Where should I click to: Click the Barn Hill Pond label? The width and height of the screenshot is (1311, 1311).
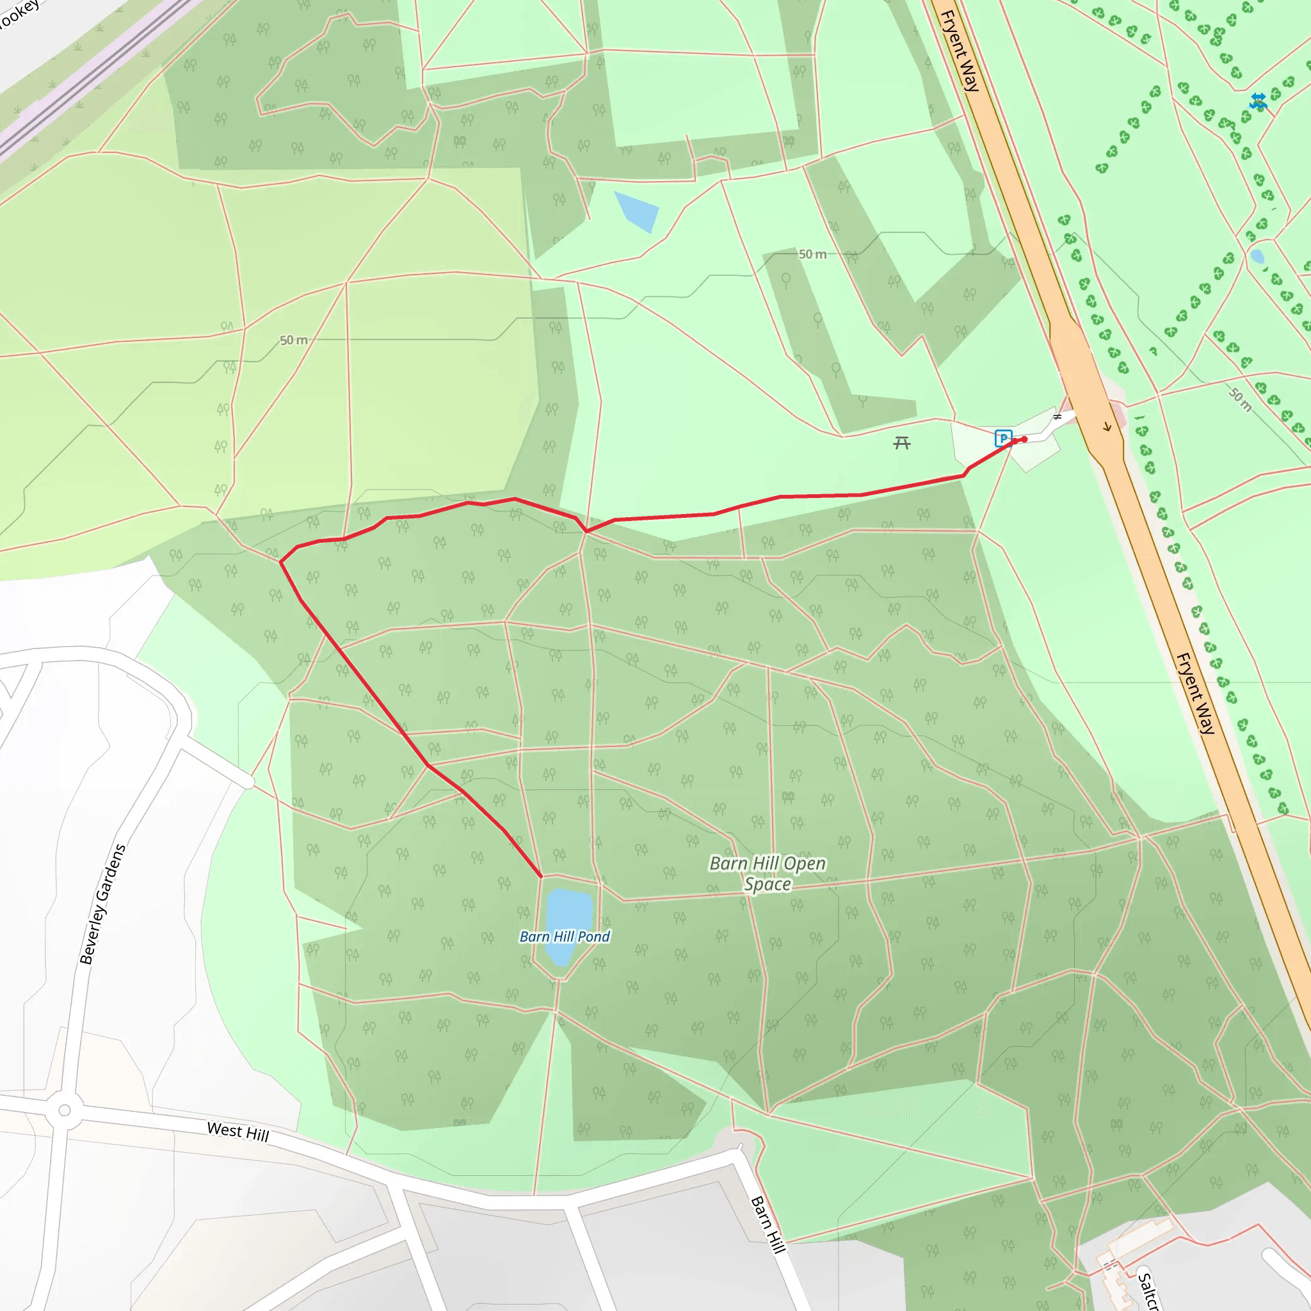pyautogui.click(x=565, y=937)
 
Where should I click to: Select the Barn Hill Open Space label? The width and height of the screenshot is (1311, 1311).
pyautogui.click(x=768, y=873)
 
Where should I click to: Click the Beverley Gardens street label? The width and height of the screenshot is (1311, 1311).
pyautogui.click(x=102, y=904)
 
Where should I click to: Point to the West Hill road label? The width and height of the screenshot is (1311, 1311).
pyautogui.click(x=238, y=1131)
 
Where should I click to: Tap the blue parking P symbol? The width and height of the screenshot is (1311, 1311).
pyautogui.click(x=1003, y=438)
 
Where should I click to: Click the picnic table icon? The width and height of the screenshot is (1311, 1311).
pyautogui.click(x=901, y=444)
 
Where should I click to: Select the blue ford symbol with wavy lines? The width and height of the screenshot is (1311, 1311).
pyautogui.click(x=1258, y=101)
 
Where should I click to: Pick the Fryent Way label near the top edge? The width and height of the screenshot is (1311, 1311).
pyautogui.click(x=960, y=51)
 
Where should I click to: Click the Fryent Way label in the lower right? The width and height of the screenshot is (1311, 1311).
pyautogui.click(x=1195, y=693)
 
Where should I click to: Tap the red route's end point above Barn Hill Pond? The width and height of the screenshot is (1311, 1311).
pyautogui.click(x=541, y=876)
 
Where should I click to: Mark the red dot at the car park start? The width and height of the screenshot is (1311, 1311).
pyautogui.click(x=1024, y=439)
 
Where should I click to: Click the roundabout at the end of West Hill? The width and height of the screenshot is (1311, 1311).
pyautogui.click(x=65, y=1110)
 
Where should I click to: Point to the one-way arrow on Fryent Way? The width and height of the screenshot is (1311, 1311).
pyautogui.click(x=1107, y=427)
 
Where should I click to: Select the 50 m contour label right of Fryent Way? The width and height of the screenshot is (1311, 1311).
pyautogui.click(x=1241, y=399)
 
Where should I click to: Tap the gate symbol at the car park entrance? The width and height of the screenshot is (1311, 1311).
pyautogui.click(x=1056, y=417)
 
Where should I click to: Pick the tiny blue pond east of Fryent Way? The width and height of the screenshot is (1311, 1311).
pyautogui.click(x=1257, y=257)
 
